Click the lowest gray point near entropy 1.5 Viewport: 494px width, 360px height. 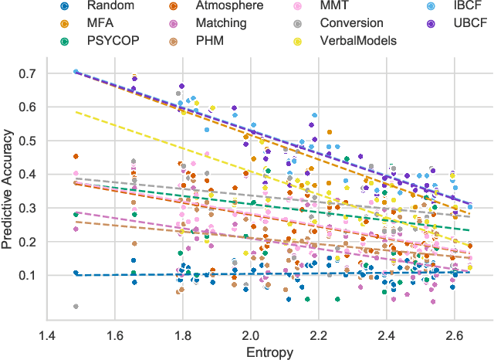point(76,307)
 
